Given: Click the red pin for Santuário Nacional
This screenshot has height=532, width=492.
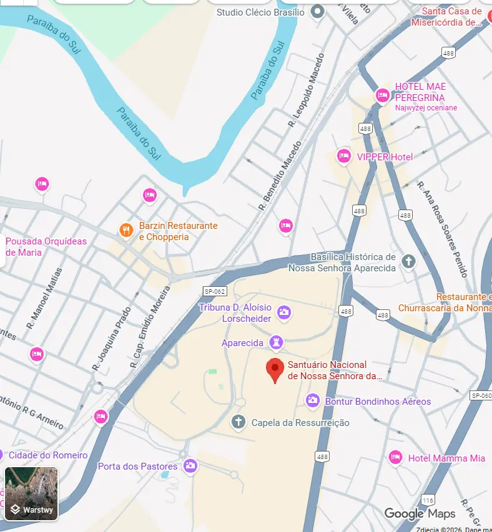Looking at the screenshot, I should click(x=275, y=370).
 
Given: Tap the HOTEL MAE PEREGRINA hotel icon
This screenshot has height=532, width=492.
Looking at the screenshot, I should click(x=382, y=95).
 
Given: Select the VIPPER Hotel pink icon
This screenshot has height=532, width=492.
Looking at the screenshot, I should click(x=343, y=157).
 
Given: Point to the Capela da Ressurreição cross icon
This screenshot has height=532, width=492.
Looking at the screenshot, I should click(x=238, y=422).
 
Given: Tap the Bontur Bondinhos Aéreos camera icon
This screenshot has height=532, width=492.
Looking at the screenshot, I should click(x=313, y=400).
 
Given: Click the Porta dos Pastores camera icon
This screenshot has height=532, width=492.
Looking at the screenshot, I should click(x=190, y=465).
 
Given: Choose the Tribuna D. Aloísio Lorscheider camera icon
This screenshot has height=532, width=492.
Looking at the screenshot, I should click(x=283, y=312).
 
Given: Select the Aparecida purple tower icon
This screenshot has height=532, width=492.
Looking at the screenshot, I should click(x=276, y=342).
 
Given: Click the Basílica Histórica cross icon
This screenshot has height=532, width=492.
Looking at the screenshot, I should click(x=408, y=261).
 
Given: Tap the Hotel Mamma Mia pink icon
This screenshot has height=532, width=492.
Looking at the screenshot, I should click(x=395, y=458).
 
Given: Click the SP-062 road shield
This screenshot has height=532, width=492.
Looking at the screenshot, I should click(x=214, y=291).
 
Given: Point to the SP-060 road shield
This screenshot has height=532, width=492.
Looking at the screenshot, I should click(x=481, y=395).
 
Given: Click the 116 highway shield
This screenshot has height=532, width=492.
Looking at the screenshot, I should click(x=428, y=500).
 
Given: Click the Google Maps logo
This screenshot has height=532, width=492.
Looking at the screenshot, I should click(x=420, y=513).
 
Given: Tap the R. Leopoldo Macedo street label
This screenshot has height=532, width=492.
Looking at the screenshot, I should click(x=306, y=92).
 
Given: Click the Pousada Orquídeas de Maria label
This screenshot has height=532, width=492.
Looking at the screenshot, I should click(x=46, y=246).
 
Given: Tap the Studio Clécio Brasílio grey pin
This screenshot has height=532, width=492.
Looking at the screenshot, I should click(x=318, y=11).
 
